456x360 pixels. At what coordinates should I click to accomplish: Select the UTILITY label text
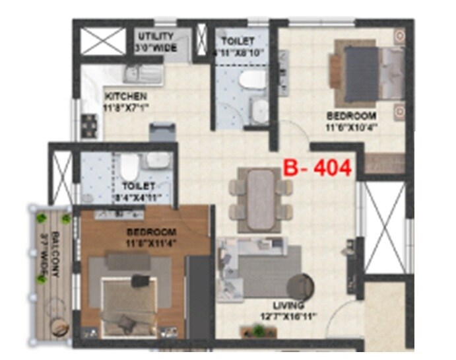156,36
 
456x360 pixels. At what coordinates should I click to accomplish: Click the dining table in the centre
257,193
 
